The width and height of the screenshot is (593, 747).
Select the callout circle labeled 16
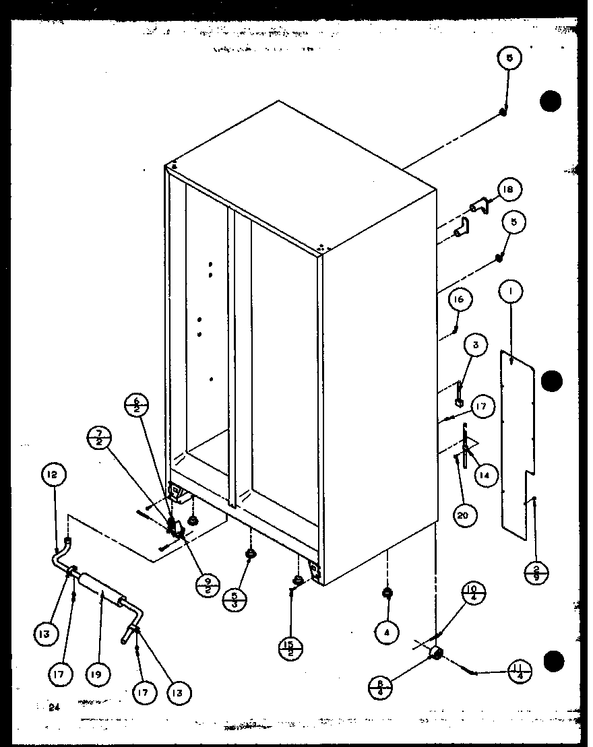click(459, 299)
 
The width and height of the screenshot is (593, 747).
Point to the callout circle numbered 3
click(476, 346)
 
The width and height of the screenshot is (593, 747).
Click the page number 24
click(53, 706)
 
